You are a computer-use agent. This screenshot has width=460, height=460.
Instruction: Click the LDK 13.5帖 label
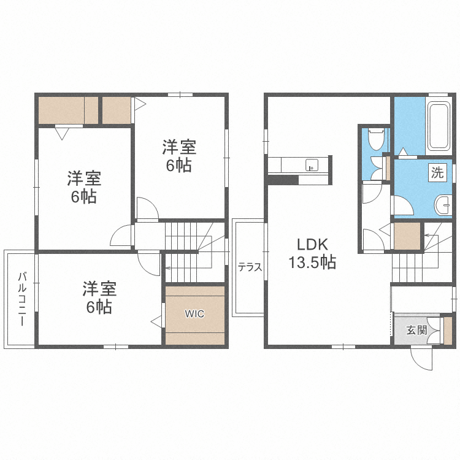312,253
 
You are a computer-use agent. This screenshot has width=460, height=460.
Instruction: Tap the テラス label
250,267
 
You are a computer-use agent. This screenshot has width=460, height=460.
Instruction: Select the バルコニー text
21,299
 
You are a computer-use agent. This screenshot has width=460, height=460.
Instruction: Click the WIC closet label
195,313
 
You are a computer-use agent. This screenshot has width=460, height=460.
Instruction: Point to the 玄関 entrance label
416,330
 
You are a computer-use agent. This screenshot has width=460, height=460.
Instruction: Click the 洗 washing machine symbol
437,173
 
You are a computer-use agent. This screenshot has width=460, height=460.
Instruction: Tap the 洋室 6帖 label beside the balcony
98,297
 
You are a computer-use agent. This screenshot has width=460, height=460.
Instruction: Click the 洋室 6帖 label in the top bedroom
179,156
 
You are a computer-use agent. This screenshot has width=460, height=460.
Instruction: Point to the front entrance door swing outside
422,357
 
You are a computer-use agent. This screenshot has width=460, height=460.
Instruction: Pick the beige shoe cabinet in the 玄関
447,329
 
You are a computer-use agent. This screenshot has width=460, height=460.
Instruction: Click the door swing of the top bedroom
146,209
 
